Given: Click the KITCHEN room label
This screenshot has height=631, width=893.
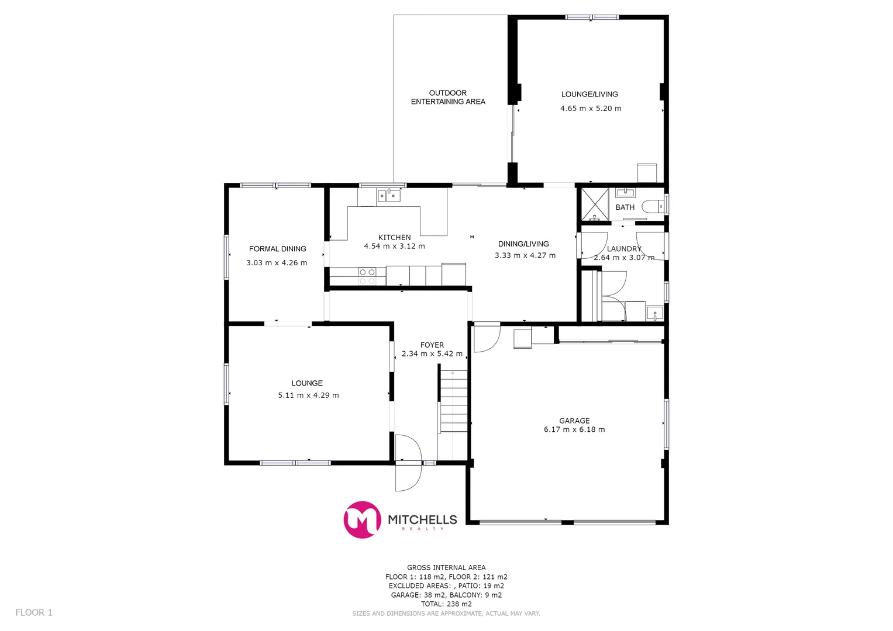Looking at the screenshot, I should click(x=394, y=237).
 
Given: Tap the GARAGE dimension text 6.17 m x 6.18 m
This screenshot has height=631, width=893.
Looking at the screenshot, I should click(x=574, y=429).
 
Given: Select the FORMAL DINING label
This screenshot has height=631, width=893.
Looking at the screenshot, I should click(x=277, y=249).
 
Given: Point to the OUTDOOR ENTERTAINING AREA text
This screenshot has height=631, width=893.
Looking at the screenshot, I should click(x=448, y=97).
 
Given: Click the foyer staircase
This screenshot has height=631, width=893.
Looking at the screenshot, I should click(x=453, y=401).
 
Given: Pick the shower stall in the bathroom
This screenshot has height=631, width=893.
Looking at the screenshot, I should click(x=595, y=204).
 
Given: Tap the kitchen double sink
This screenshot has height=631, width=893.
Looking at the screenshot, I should click(x=389, y=195).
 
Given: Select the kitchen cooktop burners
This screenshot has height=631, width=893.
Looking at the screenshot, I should click(x=367, y=276).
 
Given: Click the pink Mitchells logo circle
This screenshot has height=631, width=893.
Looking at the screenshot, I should click(x=362, y=519).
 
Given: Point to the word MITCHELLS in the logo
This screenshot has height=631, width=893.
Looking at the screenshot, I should click(x=422, y=519).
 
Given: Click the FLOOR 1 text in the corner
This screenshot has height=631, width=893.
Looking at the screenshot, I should click(x=34, y=612).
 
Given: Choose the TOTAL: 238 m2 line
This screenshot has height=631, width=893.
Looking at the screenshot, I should click(x=446, y=604).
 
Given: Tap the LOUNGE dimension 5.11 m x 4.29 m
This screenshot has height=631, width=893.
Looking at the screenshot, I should click(x=308, y=396).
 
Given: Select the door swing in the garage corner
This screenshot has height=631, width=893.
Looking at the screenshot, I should click(x=485, y=337).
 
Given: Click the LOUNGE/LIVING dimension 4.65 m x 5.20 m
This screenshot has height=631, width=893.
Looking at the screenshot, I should click(x=591, y=108).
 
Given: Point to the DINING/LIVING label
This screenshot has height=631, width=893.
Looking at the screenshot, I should click(x=523, y=244).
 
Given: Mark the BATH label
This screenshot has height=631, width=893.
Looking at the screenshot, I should click(x=625, y=207).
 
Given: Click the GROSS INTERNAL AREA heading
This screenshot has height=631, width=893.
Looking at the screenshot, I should click(x=446, y=567).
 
